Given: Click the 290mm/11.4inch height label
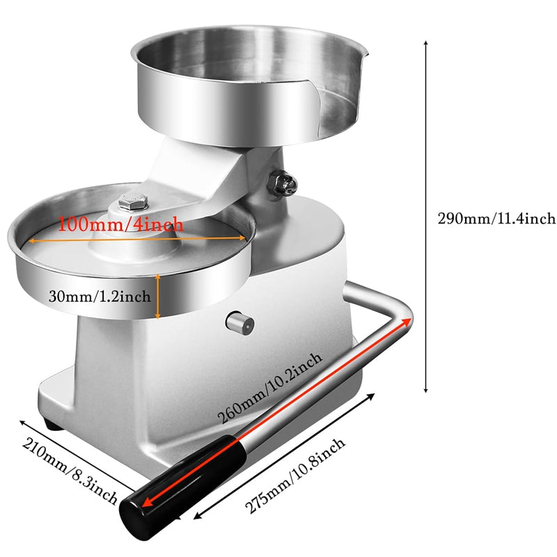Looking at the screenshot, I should tap(496, 219).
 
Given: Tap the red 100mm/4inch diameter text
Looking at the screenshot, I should tap(120, 225).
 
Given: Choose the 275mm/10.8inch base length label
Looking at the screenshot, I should tap(294, 477).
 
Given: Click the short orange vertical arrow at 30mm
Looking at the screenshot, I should tap(159, 295).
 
